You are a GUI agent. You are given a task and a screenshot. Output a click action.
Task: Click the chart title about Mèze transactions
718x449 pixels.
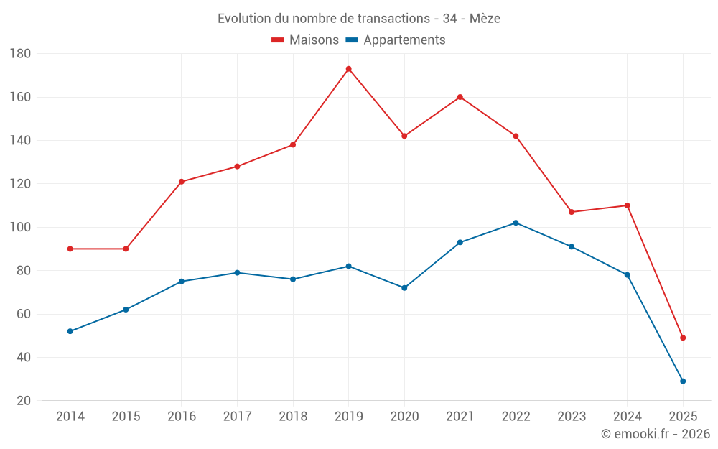tap(359, 19)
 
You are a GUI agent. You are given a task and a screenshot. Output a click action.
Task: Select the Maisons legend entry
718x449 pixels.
tap(305, 40)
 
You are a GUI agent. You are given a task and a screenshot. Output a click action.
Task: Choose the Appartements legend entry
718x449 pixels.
tap(396, 40)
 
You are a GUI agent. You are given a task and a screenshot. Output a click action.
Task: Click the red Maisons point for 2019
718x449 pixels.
tap(349, 69)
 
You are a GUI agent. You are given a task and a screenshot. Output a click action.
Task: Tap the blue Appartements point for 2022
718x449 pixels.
tap(516, 223)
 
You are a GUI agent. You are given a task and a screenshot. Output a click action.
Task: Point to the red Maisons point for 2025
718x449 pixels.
tap(683, 338)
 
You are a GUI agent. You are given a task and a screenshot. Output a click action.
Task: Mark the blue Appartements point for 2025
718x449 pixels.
tap(683, 381)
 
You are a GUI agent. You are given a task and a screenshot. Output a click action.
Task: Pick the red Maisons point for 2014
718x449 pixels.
tap(70, 249)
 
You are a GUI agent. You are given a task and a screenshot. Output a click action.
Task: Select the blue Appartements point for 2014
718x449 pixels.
tap(70, 331)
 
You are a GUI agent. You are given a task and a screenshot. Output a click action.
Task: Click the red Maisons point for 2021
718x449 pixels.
tap(460, 97)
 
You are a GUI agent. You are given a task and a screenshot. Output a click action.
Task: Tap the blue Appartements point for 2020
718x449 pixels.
tap(404, 288)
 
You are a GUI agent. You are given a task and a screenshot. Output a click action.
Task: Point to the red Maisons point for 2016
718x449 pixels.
tap(182, 182)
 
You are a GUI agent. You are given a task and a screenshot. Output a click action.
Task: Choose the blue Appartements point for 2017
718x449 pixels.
tap(237, 273)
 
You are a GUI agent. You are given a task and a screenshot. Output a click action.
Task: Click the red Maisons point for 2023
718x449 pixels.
tap(572, 212)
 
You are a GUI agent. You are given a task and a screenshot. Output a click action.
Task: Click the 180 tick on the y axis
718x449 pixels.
tap(20, 54)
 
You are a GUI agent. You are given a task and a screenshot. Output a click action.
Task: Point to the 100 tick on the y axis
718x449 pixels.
tap(20, 228)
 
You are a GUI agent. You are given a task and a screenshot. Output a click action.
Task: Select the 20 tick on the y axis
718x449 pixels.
tap(23, 401)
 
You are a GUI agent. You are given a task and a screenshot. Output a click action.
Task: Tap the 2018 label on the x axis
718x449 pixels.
tap(293, 417)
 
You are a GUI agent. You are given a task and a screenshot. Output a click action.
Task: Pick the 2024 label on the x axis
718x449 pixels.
tap(627, 417)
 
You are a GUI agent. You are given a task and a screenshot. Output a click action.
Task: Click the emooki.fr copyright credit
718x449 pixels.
tap(656, 434)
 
